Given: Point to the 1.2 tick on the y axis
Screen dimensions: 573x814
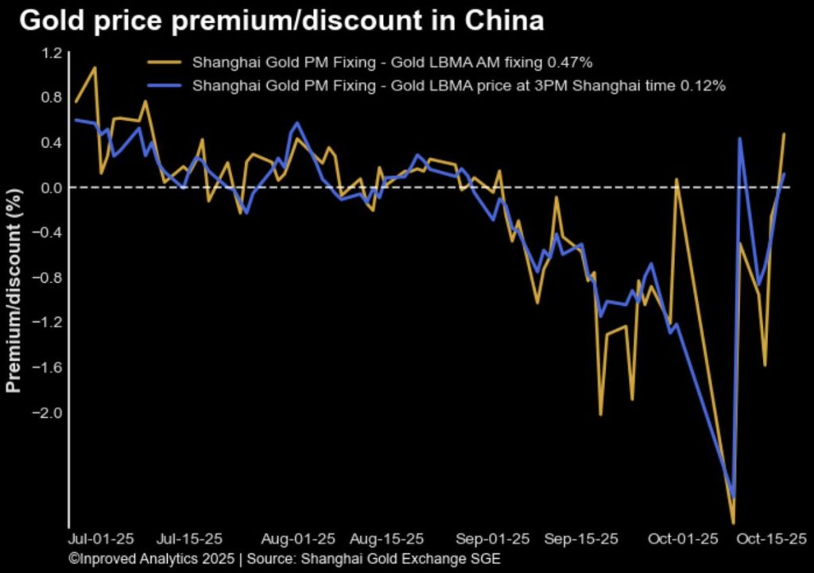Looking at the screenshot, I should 52,53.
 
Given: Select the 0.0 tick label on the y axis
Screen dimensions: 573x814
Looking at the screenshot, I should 52,188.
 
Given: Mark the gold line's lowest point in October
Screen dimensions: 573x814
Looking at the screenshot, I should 733,521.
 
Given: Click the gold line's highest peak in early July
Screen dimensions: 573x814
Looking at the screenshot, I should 95,68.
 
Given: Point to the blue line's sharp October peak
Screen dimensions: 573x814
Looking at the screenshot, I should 740,139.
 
